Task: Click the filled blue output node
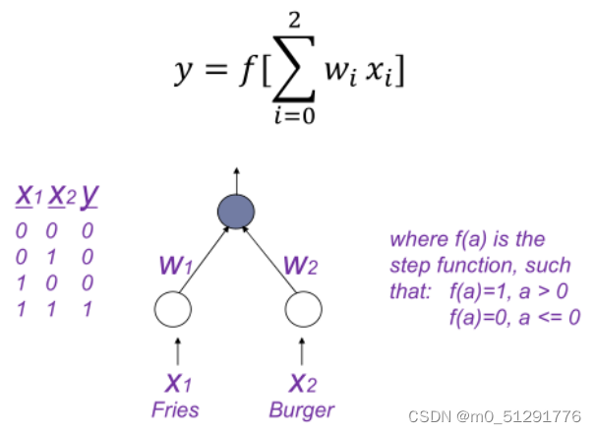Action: pos(236,212)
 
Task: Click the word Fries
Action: pos(175,409)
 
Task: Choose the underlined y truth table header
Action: pos(89,198)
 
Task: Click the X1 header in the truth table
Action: pos(28,198)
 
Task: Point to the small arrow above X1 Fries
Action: pos(177,351)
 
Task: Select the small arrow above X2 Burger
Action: pos(301,351)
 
